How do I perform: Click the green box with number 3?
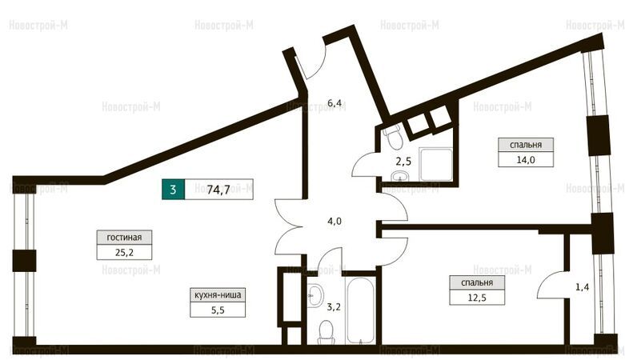coord(174,190)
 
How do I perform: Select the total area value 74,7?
coord(218,190)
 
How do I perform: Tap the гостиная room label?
coord(124,238)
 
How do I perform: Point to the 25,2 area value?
coord(124,252)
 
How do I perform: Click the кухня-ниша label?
coord(218,295)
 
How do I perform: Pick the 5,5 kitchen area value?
coord(218,310)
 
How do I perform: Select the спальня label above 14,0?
coord(526,145)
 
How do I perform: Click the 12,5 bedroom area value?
coord(477,298)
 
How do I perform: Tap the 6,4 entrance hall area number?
coord(335,103)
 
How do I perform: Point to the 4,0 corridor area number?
coord(335,222)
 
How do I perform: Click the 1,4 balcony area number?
coord(582,287)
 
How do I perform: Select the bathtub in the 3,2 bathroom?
coord(360,310)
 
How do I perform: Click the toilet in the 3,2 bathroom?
coord(326,334)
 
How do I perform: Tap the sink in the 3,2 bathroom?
coord(315,295)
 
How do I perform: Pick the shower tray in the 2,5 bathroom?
coord(435,164)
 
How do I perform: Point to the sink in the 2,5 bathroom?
coord(399,176)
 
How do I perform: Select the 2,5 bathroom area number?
coord(403,162)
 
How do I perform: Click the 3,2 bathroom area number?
coord(334,306)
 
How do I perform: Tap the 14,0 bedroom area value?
coord(526,160)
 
